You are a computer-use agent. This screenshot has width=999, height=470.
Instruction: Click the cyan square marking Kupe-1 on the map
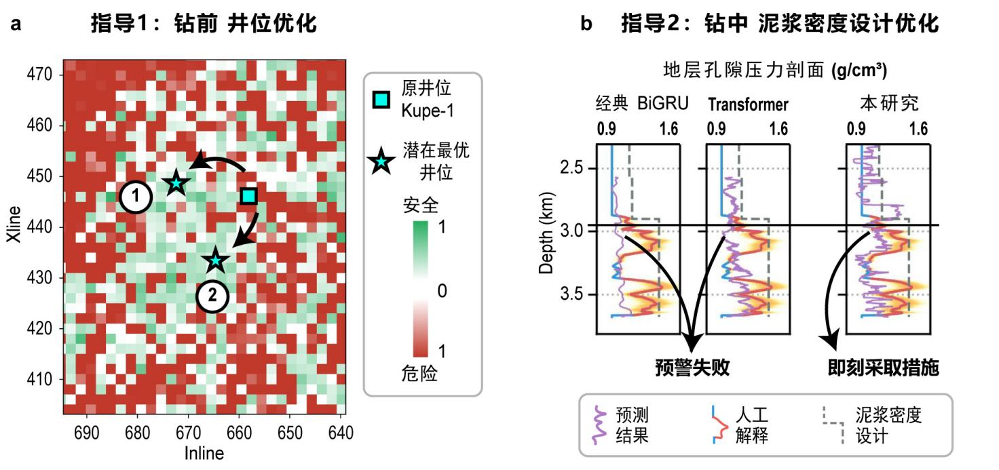click(x=249, y=196)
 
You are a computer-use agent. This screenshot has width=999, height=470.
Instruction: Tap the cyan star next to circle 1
click(x=176, y=182)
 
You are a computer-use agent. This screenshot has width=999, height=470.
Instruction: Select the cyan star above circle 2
click(x=216, y=260)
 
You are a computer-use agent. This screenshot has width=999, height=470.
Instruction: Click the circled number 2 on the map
click(x=212, y=296)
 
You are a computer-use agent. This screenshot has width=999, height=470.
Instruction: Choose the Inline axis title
click(x=204, y=452)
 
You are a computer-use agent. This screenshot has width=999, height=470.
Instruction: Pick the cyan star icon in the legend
click(x=381, y=161)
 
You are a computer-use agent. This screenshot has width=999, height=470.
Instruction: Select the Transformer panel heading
click(x=748, y=104)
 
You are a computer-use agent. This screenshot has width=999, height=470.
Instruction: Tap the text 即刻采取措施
click(x=883, y=368)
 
